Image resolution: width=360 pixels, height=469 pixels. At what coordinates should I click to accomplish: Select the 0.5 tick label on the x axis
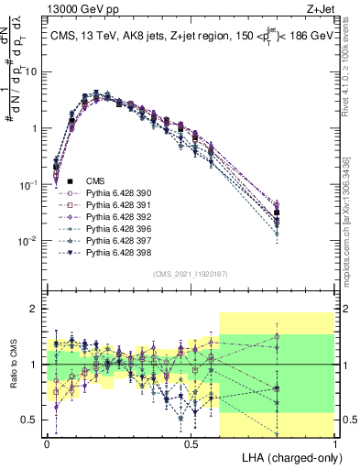tap(191, 442)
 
